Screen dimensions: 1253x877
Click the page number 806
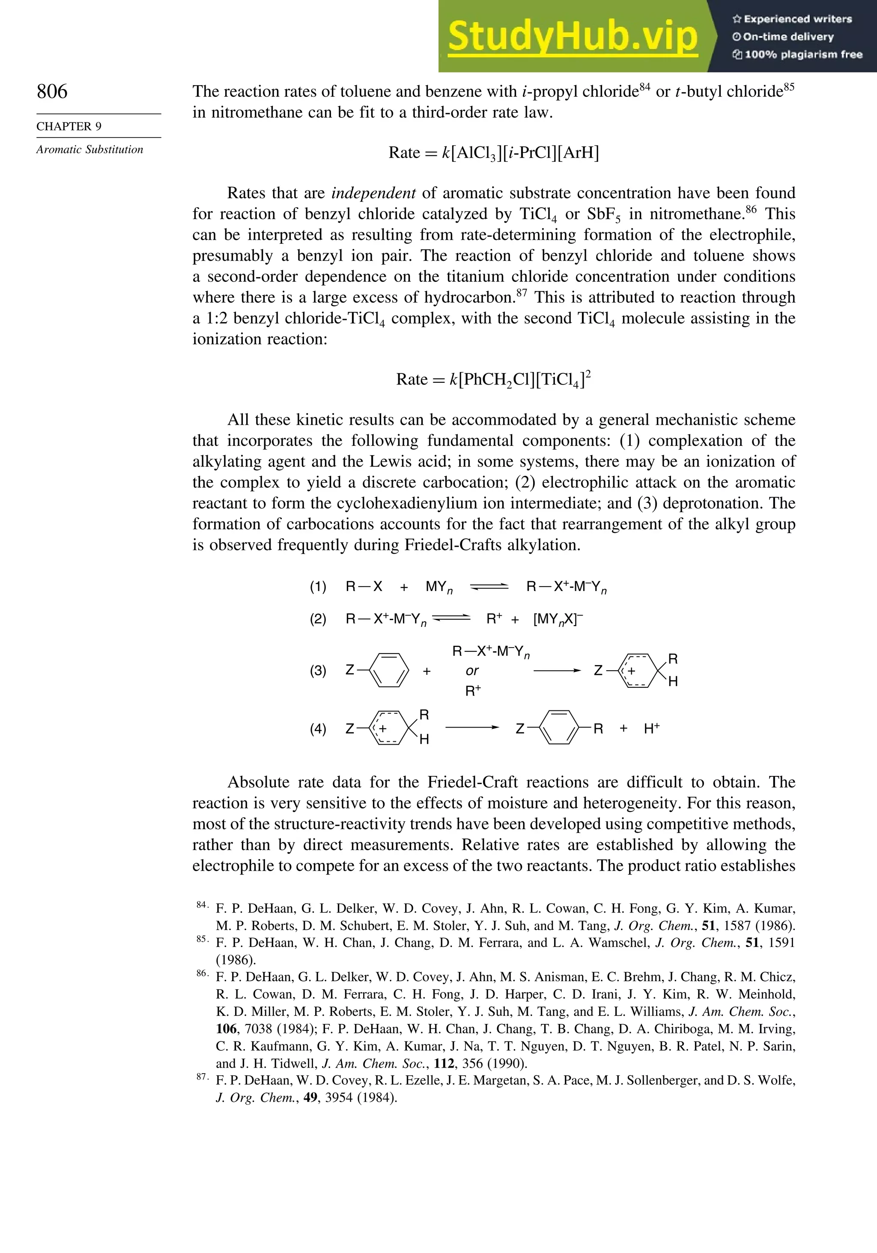click(x=52, y=91)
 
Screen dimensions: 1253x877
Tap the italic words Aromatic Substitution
click(x=89, y=149)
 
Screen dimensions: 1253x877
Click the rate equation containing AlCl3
click(x=493, y=153)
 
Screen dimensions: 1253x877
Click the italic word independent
click(x=373, y=193)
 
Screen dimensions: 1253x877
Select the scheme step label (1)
click(x=318, y=587)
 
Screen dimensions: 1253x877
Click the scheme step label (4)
click(x=318, y=729)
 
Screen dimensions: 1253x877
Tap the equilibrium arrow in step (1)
click(x=489, y=587)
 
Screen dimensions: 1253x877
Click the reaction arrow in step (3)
click(x=557, y=671)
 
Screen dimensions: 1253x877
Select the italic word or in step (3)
click(x=472, y=671)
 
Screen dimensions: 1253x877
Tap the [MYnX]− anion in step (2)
click(x=558, y=619)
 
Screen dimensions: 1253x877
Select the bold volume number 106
click(x=226, y=1029)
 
